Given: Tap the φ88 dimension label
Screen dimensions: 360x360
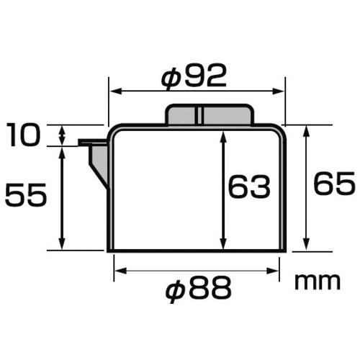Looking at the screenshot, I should click(197, 289).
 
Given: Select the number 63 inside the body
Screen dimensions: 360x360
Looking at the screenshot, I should click(249, 188).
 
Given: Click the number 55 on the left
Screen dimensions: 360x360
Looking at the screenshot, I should click(26, 194).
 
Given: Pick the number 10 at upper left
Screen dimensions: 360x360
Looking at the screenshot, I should click(27, 135).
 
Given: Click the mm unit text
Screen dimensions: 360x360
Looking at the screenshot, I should click(317, 281).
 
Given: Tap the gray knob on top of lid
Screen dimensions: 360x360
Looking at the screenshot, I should click(210, 114).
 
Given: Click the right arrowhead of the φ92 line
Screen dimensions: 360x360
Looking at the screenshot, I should click(280, 91).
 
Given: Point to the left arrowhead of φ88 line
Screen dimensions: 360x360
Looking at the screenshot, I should click(119, 271).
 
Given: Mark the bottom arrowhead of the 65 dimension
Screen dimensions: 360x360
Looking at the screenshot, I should click(307, 246).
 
